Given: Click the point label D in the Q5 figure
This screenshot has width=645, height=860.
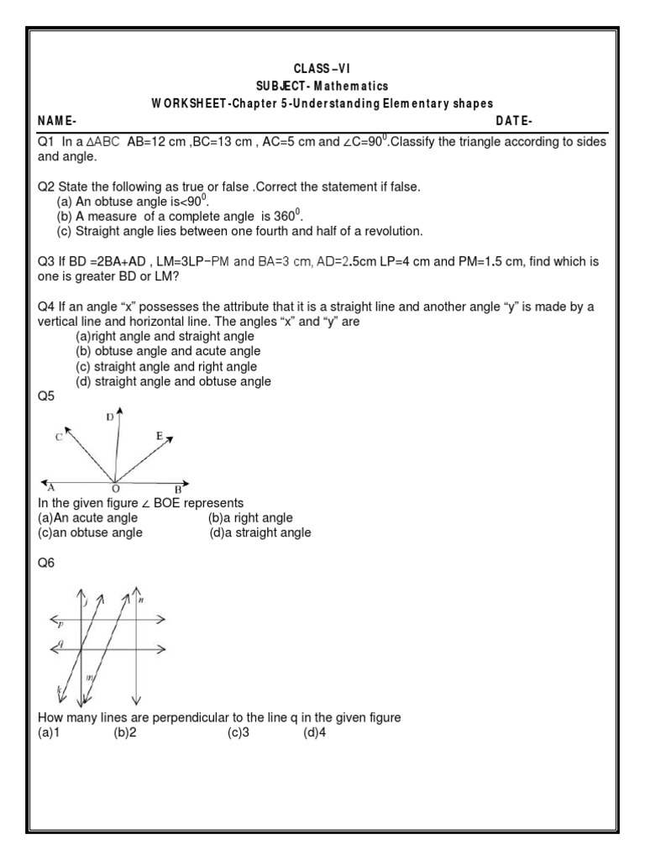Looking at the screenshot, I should coord(110,417).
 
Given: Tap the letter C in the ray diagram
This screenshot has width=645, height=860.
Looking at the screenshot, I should coord(58,437).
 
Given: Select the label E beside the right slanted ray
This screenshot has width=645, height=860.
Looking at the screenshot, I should coord(160,436).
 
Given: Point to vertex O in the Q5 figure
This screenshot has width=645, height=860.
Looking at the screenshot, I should coord(114,489).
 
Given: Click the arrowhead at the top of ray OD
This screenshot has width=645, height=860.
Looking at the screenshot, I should coord(121,412).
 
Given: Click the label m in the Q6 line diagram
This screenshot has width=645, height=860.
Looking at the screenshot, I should coord(91,677).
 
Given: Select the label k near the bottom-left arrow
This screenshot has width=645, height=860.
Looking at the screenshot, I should coord(59,690).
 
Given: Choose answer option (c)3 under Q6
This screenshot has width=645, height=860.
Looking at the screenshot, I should coord(238,732).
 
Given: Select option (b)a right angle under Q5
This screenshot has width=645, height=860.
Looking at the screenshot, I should coord(250,518).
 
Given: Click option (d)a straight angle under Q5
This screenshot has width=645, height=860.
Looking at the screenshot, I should coord(260,532).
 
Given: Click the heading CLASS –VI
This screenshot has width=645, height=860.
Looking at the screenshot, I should coord(323,68).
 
